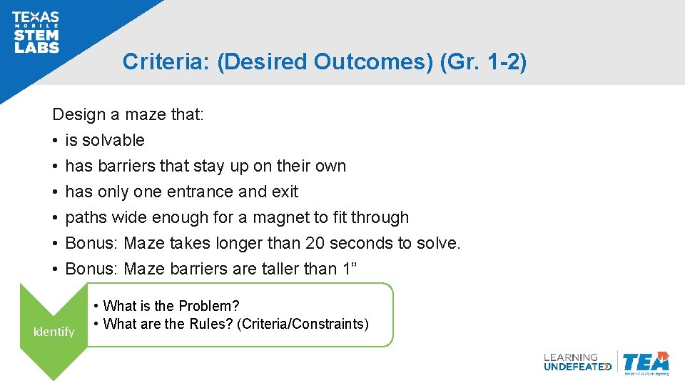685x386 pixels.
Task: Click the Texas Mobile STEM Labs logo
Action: click(x=36, y=32)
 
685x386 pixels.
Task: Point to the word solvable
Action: click(x=113, y=140)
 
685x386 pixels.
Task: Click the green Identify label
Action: click(x=54, y=332)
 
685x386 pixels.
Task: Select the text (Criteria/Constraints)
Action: click(x=304, y=324)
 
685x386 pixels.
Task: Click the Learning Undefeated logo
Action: click(x=577, y=362)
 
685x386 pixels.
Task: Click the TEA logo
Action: click(x=645, y=363)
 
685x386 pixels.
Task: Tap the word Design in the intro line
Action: click(x=78, y=114)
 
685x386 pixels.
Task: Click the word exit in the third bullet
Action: click(x=285, y=192)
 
